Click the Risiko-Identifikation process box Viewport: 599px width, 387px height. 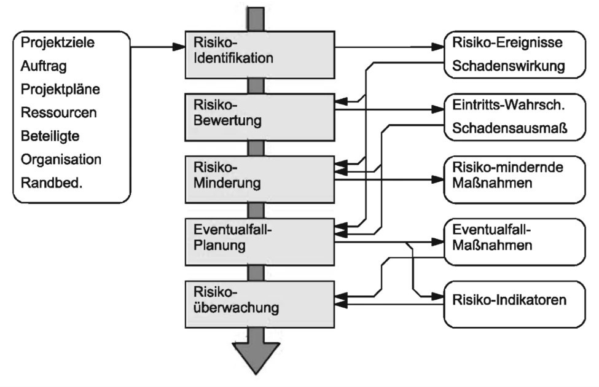click(261, 53)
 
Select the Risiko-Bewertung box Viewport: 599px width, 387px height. click(261, 114)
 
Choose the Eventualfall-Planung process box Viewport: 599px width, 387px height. click(261, 239)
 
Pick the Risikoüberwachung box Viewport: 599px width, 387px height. click(261, 301)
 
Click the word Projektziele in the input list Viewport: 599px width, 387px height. click(60, 43)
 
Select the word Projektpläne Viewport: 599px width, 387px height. click(60, 89)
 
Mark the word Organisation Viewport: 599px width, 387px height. click(61, 159)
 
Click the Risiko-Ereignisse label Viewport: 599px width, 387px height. click(507, 44)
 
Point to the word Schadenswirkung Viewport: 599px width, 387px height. click(508, 66)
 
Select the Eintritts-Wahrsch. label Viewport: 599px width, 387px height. click(508, 106)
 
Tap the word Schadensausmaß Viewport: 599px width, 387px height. click(508, 128)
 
